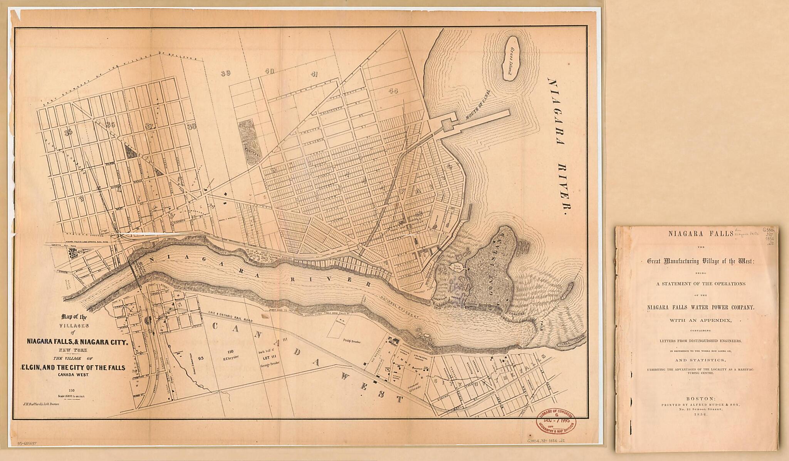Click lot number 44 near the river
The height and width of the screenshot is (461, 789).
coord(393,91)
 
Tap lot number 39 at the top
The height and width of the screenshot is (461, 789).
coord(226,73)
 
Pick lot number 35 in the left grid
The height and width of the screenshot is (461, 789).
coord(69,132)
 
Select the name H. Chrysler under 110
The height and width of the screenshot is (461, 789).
coord(232,357)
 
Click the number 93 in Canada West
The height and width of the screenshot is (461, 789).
coord(201,358)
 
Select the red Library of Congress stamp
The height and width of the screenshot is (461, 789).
coord(556,422)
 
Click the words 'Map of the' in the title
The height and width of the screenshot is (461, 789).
coord(74,317)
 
